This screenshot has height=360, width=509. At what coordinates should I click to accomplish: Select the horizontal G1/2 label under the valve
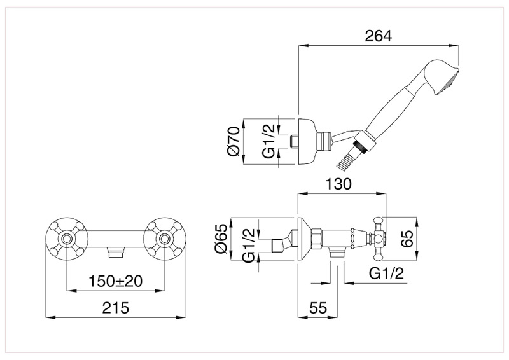pos(386,274)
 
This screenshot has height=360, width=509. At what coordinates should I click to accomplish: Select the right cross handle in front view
pos(165,239)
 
